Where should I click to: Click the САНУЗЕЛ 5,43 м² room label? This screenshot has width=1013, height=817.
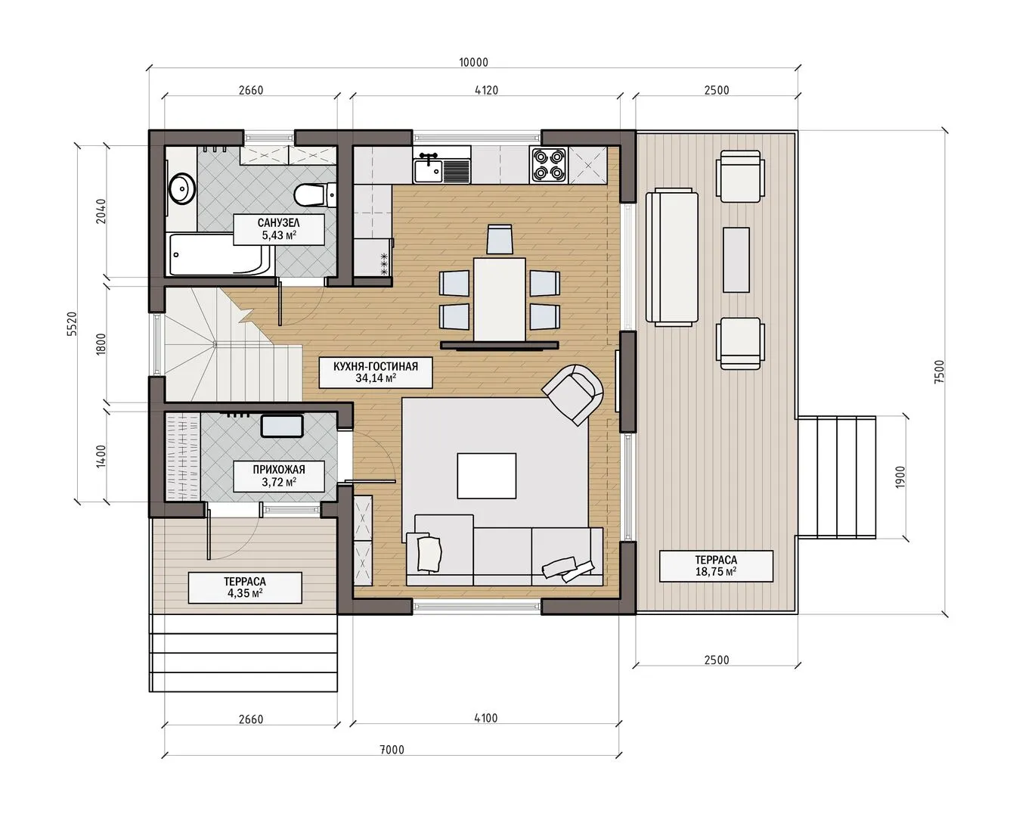coord(279,229)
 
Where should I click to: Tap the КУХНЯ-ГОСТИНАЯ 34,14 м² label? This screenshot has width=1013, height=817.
coord(375,372)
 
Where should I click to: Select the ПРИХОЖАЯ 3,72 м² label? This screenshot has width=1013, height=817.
coord(279,476)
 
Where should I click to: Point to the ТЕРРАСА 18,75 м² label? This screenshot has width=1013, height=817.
coord(715,566)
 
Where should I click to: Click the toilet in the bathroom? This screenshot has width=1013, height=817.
coord(315,195)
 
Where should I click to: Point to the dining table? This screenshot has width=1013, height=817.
coord(500,300)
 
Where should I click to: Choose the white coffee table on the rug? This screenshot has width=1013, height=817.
coord(486,475)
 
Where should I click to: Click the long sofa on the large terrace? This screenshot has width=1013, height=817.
coord(671,256)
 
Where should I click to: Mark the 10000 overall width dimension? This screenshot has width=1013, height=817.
coord(473,62)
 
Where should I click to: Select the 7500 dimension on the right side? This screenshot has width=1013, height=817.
coord(939,371)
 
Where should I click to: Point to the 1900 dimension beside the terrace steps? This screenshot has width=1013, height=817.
coord(900,477)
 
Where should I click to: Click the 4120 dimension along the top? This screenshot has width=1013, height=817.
coord(486,90)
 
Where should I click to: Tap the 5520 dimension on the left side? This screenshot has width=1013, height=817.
coord(72,324)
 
